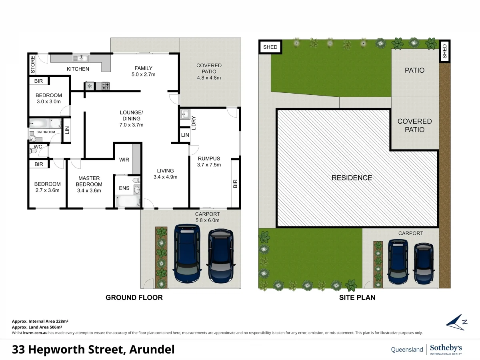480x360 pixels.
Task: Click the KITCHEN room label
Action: tap(78, 69)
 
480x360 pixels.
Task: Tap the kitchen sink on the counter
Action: tap(80, 58)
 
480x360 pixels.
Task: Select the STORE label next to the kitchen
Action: tap(33, 64)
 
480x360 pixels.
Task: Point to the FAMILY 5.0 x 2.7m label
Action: tap(143, 71)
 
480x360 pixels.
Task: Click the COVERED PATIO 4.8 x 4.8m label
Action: tap(209, 72)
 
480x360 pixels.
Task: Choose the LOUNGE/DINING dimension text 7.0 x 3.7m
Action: tap(132, 125)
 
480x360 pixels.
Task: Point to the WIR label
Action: tap(124, 160)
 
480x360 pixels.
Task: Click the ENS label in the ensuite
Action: tap(124, 188)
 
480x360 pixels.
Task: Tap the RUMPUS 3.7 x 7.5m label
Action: tap(209, 161)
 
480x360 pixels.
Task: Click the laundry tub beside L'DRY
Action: tap(184, 114)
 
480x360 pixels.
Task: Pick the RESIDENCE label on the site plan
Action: tap(352, 178)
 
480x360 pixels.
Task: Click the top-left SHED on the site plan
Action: tap(270, 47)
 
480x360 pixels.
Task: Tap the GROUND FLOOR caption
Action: tap(134, 298)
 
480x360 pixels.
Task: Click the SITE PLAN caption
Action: tap(357, 298)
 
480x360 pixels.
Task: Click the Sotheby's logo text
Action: tap(446, 348)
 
